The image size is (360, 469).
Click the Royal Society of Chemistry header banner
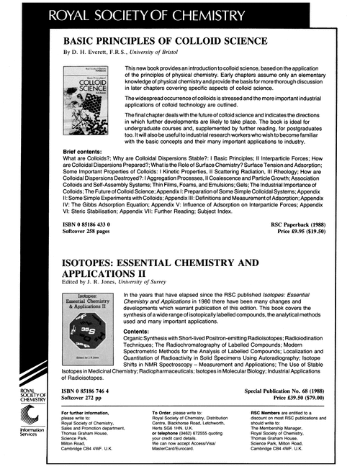(180, 14)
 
